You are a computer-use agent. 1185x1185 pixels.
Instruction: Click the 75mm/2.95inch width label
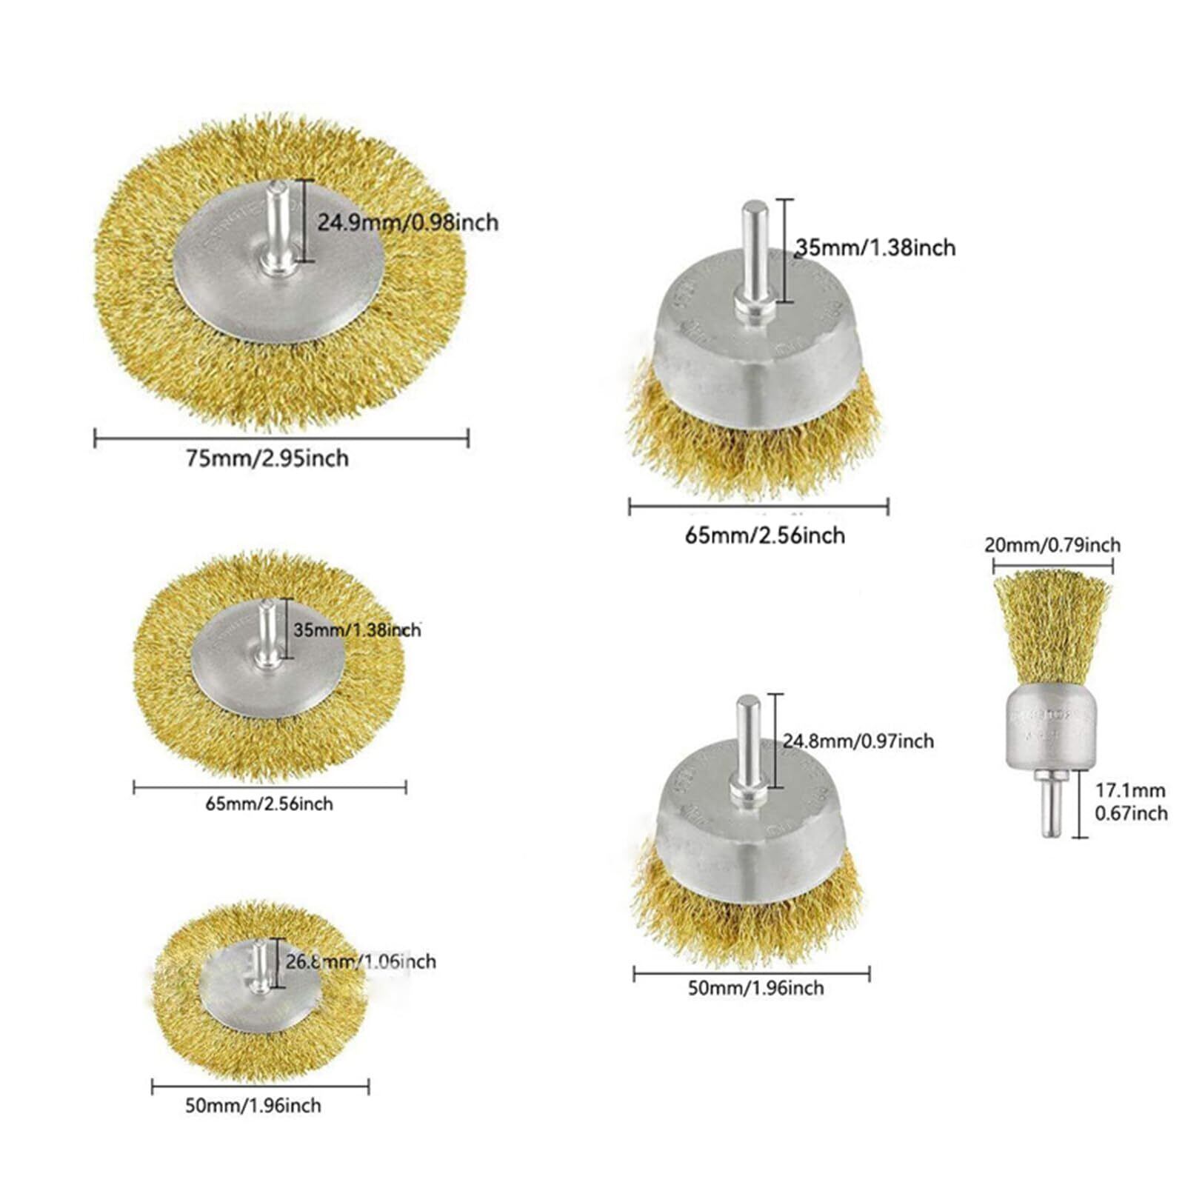pos(267,458)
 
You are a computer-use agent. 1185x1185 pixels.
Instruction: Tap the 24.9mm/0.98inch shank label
pos(407,222)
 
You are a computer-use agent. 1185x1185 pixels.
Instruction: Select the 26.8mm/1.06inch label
pos(361,961)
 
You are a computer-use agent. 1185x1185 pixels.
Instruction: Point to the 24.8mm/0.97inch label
pos(858,741)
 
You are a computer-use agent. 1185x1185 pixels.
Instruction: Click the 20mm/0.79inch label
pos(1052,545)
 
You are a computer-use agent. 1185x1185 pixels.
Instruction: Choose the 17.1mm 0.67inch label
pos(1131,802)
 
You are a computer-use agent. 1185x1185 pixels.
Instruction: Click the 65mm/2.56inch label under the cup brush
pos(764,535)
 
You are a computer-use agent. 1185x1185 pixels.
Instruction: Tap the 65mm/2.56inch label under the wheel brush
pos(269,804)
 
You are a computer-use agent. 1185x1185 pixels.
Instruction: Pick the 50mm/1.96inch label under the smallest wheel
pos(253,1106)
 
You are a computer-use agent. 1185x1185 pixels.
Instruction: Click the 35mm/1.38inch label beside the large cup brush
pos(875,247)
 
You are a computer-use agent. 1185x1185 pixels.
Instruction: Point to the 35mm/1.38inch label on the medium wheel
pos(357,630)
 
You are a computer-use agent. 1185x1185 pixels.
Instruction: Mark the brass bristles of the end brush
pos(1052,630)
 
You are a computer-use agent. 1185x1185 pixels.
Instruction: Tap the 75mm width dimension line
pos(281,438)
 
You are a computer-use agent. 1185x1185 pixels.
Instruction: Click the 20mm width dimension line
pos(1052,565)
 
